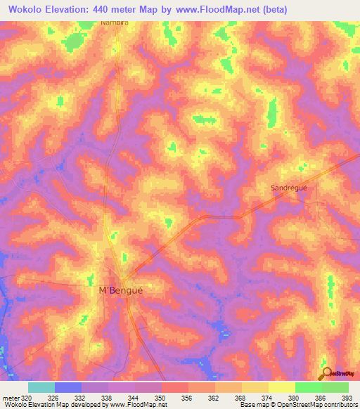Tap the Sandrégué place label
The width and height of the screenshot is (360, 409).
click(290, 188)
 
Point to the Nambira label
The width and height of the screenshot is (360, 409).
click(115, 23)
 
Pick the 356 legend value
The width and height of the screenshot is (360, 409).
click(187, 398)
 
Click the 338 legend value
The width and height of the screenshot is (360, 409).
click(108, 398)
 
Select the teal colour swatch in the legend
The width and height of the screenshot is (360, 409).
click(41, 387)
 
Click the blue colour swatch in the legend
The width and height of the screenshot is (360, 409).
click(68, 387)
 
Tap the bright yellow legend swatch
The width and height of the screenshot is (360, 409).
click(281, 387)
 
